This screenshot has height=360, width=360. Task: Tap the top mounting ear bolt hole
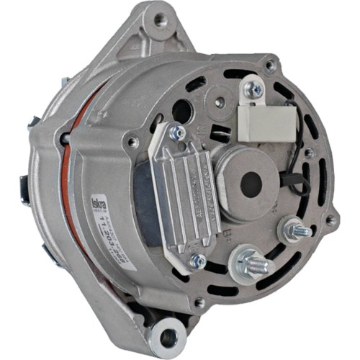(x=158, y=21)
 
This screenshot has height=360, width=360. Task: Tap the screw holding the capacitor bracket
(x=255, y=89)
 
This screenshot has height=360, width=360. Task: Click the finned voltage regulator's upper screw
(x=176, y=134)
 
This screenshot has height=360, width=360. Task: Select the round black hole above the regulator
(x=183, y=111)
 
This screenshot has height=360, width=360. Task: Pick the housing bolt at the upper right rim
(x=270, y=65)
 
